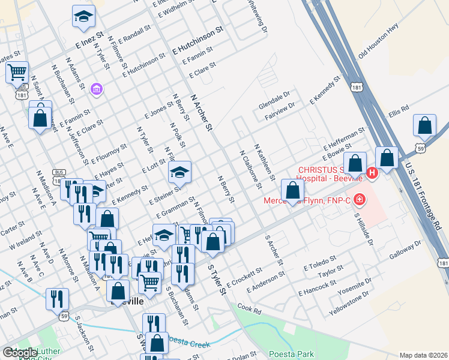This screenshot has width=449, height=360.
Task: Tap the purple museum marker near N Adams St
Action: click(95, 89)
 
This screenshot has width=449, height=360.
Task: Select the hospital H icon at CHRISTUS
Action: click(372, 173)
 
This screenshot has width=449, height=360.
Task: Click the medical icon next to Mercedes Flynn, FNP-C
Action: click(359, 199)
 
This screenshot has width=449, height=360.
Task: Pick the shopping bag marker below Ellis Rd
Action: click(424, 126)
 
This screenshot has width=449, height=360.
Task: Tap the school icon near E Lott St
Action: click(179, 173)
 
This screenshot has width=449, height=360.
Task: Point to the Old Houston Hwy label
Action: click(378, 42)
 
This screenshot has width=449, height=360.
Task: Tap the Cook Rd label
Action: click(249, 309)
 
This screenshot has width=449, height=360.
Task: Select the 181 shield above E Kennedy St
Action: click(358, 88)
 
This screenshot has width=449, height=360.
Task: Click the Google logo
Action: click(19, 353)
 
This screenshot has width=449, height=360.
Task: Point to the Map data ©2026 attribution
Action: click(423, 355)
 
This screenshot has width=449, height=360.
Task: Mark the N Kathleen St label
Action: click(264, 162)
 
